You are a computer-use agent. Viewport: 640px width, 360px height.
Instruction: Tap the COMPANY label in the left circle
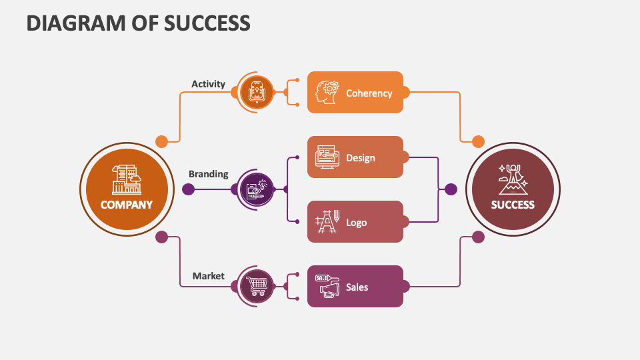127,205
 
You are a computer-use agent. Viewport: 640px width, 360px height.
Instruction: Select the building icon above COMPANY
127,179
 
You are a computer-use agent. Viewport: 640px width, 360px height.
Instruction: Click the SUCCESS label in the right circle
513,205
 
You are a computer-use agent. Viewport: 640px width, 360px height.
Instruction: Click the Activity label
208,84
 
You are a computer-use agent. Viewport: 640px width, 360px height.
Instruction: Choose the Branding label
208,174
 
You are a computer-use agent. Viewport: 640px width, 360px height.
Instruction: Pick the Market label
208,275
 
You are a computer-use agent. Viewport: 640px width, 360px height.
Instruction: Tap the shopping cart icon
257,286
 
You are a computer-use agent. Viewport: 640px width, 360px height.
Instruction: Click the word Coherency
369,93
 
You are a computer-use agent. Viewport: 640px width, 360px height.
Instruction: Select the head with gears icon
328,92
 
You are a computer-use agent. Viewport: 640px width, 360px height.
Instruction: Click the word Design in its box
360,158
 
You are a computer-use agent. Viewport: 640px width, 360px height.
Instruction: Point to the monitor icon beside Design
327,157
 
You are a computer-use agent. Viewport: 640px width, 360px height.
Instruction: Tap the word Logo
356,222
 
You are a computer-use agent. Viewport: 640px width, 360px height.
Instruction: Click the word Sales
357,287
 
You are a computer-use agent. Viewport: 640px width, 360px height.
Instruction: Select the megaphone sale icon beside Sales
327,286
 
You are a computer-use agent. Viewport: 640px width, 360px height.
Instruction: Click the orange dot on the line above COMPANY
161,141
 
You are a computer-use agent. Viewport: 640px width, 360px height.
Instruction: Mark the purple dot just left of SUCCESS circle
451,189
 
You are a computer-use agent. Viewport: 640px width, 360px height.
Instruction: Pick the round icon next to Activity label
257,92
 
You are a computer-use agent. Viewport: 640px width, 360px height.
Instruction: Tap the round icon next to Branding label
257,189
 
